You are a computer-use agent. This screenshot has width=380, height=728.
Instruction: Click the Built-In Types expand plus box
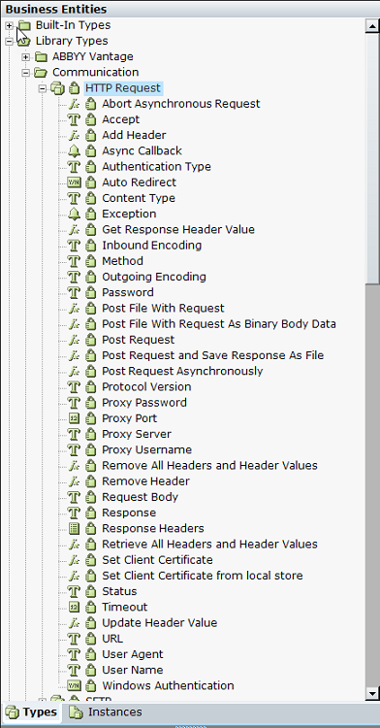10,25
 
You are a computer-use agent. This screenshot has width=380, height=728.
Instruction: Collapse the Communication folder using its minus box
26,73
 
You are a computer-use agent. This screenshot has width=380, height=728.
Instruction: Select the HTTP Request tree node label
123,88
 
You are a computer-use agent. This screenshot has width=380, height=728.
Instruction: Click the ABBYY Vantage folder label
93,56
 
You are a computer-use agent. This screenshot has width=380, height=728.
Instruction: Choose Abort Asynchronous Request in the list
180,104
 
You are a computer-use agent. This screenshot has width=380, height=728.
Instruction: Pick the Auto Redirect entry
139,182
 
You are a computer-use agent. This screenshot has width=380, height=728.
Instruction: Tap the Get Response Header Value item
178,230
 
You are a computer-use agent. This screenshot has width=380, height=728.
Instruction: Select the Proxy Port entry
129,418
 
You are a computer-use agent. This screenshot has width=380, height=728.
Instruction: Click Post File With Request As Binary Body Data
219,324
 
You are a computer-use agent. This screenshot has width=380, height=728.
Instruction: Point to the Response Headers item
153,528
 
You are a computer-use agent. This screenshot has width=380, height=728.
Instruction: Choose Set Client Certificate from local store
202,576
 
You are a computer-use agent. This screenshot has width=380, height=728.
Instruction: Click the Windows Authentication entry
168,685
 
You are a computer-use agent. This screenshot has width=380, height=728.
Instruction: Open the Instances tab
107,712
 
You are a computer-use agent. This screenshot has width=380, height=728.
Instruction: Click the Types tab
32,712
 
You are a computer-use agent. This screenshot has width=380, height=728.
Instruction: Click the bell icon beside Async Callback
74,150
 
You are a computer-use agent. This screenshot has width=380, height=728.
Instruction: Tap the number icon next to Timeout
74,607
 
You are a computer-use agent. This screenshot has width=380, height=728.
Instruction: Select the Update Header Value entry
159,623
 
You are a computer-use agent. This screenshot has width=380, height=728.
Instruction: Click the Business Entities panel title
56,9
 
